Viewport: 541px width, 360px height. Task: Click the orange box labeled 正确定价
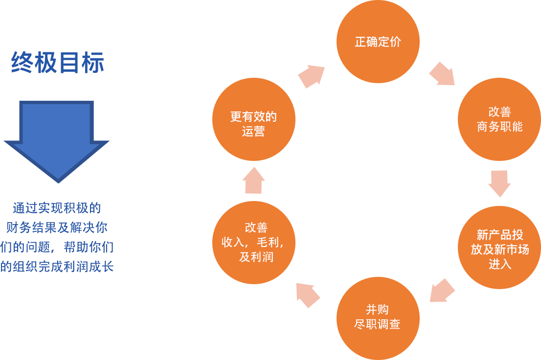[378, 42]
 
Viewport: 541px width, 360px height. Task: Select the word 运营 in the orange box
[253, 132]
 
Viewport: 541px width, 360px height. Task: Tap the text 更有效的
[253, 117]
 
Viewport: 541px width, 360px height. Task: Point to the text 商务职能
[499, 127]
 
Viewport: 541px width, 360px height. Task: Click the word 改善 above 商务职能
[499, 112]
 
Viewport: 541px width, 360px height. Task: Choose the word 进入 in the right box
[499, 264]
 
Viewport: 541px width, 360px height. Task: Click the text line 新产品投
[499, 235]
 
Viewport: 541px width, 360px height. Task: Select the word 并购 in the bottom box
[377, 310]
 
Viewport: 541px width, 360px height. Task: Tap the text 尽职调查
[377, 324]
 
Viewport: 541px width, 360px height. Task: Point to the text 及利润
[256, 257]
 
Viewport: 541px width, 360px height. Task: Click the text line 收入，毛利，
[253, 242]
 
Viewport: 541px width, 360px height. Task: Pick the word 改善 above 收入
[256, 227]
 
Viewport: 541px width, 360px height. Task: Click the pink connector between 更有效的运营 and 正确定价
[311, 77]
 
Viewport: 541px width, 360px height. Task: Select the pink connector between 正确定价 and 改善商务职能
[441, 73]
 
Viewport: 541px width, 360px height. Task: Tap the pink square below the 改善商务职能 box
[499, 184]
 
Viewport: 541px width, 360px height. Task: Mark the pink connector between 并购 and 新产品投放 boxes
[442, 290]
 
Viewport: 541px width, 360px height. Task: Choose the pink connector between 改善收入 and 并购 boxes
[308, 295]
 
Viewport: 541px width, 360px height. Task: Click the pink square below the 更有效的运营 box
[254, 180]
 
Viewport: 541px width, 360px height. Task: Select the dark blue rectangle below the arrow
[55, 237]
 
